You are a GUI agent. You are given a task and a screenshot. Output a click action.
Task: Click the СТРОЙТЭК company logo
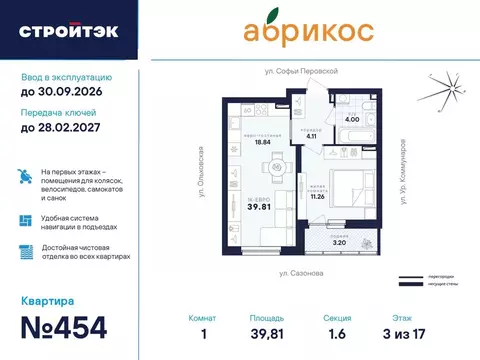68,31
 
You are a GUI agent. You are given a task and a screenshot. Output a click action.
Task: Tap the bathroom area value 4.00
352,119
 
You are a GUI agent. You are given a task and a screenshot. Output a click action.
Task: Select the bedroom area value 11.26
319,197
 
